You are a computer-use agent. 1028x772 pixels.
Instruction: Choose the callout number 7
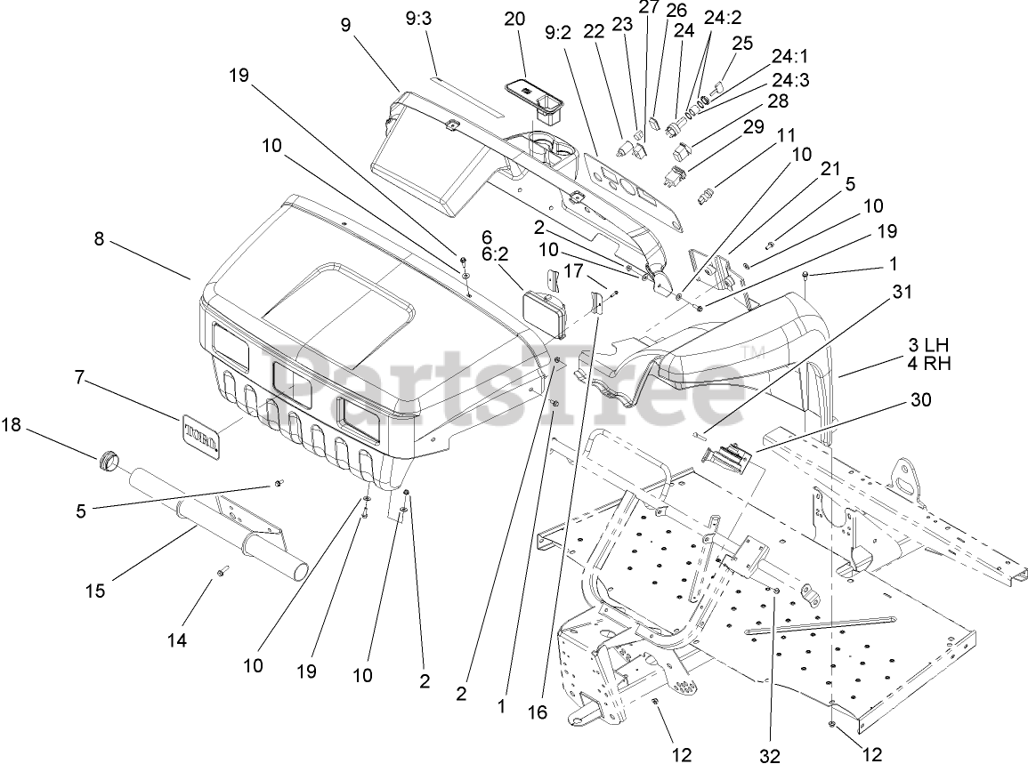coord(79,378)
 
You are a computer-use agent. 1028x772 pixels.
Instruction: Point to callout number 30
coord(920,401)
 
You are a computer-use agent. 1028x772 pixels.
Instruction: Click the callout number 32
coord(771,756)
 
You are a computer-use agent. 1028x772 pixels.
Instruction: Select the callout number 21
coord(830,169)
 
